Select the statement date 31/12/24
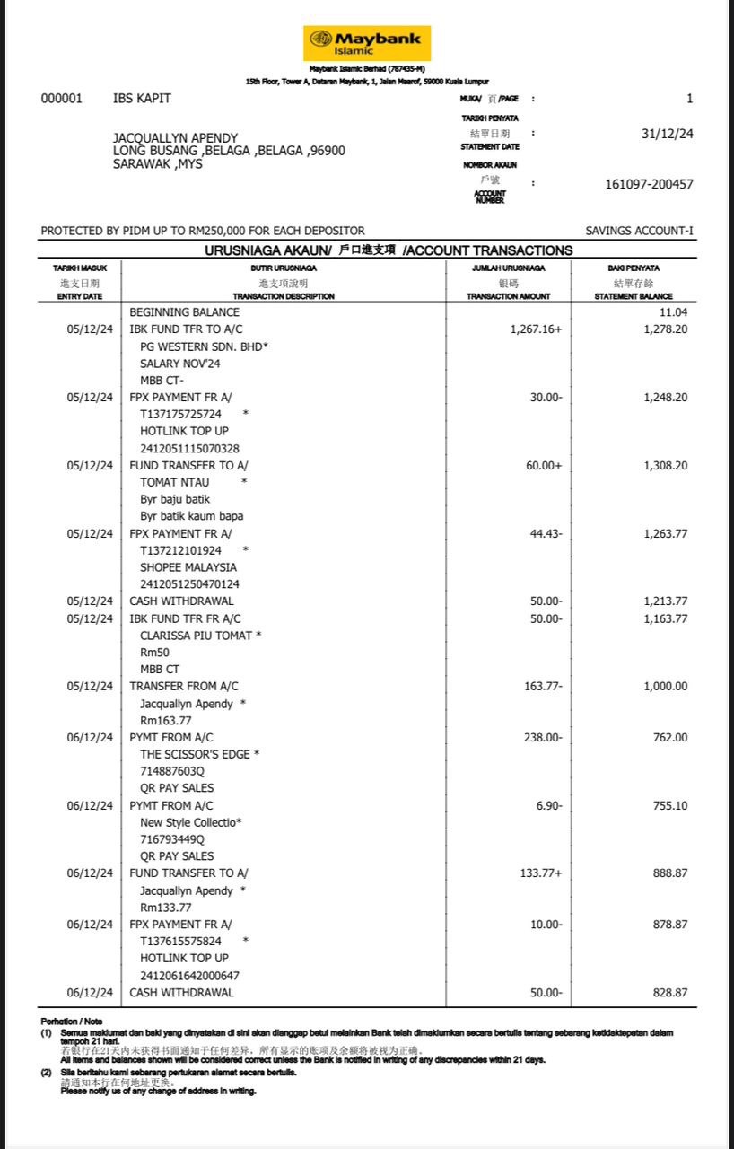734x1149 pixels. [x=667, y=134]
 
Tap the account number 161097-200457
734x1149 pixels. [x=649, y=184]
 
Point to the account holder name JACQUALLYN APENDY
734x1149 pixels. [x=175, y=138]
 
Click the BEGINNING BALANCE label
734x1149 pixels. [x=185, y=312]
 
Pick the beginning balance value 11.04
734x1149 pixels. [x=674, y=312]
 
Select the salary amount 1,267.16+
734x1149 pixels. [x=536, y=329]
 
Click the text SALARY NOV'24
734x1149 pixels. [x=179, y=364]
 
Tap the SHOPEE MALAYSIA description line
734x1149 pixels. [x=188, y=567]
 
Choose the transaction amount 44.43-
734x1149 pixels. [x=546, y=533]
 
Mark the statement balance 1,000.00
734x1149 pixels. [x=666, y=686]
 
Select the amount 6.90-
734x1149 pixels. [x=549, y=805]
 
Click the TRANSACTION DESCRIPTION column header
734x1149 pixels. [x=284, y=296]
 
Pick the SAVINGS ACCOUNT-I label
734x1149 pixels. [x=639, y=231]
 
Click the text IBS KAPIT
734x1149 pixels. [x=142, y=99]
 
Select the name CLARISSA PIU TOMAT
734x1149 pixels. [x=197, y=636]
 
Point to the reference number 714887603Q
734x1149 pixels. [x=172, y=771]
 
